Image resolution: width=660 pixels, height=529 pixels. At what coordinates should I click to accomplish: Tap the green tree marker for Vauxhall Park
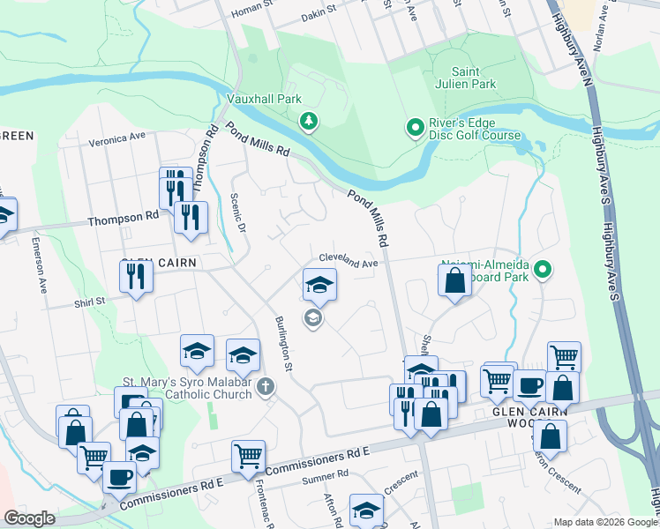(308, 121)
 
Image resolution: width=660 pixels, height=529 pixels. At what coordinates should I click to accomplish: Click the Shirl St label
(88, 301)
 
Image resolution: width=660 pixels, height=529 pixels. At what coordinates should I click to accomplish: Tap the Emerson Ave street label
(39, 264)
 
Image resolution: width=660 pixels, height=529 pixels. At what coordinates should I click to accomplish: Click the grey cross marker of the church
(266, 387)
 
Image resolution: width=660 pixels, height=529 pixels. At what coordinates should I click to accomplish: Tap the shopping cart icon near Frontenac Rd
(248, 456)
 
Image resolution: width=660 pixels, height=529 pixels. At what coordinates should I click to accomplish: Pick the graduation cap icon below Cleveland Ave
(319, 284)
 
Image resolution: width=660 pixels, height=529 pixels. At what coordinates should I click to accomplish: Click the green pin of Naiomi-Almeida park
(544, 269)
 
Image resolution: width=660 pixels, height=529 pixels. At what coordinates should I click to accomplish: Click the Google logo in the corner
(29, 518)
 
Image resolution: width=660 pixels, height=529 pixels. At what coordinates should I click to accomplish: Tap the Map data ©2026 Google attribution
(604, 522)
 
